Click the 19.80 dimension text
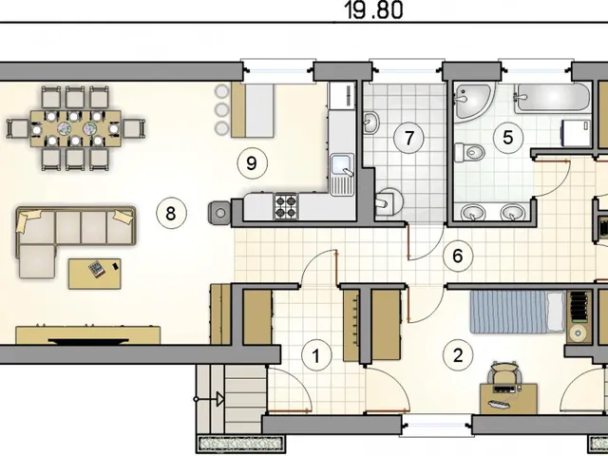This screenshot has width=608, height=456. (373, 10)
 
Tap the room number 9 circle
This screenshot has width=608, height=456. (252, 162)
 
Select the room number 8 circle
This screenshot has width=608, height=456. (171, 213)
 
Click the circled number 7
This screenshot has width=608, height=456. (408, 138)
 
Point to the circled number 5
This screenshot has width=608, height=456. (507, 138)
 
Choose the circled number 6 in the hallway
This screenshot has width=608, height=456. (458, 256)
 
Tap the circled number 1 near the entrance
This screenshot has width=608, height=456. (316, 355)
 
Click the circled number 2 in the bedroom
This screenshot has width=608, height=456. (458, 355)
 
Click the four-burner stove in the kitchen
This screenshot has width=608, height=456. (286, 206)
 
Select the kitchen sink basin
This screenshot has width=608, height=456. (342, 164)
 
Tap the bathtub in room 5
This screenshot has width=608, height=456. (553, 98)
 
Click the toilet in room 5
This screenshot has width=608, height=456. (469, 152)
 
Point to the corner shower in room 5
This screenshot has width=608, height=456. (472, 103)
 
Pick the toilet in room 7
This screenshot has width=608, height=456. (389, 201)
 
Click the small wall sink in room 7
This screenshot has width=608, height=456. (370, 123)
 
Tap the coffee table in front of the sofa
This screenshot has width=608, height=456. (95, 274)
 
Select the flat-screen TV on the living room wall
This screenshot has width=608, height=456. (88, 341)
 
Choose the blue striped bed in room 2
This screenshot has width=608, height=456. (518, 313)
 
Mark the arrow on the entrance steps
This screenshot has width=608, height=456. (209, 399)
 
